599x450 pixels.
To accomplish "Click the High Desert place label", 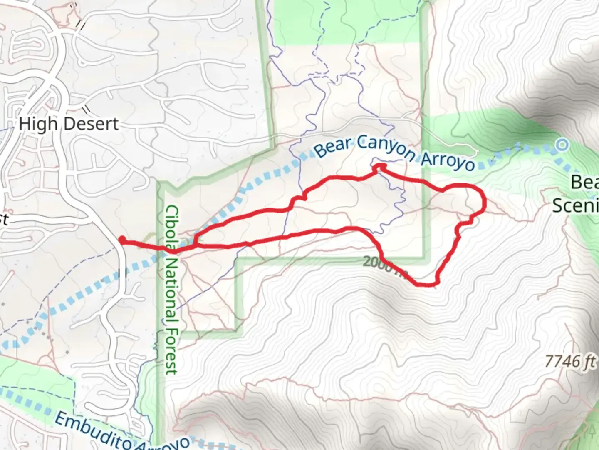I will point(69,124).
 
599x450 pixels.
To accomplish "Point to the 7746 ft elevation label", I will point(570,361).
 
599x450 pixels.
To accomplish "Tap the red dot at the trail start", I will point(122,239).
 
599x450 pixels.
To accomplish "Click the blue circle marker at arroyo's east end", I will point(562,145).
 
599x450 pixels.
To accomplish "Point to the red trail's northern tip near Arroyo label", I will point(379,167).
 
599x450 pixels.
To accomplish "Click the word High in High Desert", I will point(38,124).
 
